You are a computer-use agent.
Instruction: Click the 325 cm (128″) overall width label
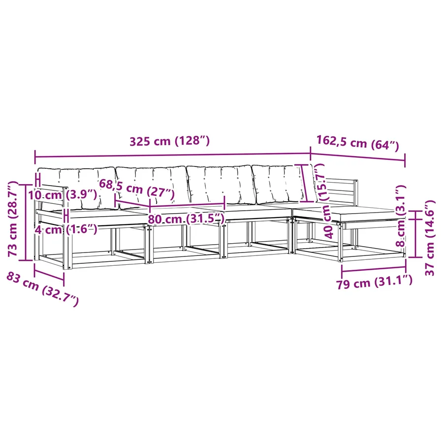coord(169,141)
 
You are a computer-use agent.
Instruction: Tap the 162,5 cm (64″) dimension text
coord(357,143)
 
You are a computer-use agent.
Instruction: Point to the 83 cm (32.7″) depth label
coord(42,289)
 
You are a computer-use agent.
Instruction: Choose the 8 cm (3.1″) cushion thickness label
coord(401,216)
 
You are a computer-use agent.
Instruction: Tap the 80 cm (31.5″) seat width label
coord(186,219)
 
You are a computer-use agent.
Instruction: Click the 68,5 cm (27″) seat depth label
coord(137,189)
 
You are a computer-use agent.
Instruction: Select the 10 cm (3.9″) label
coord(63,194)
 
